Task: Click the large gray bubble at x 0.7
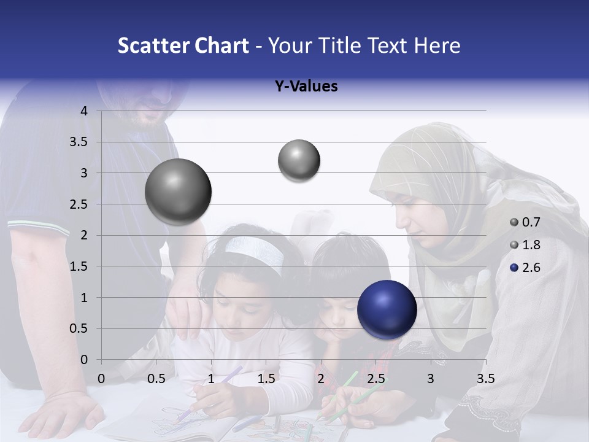(x=179, y=192)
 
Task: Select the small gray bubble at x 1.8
(x=299, y=161)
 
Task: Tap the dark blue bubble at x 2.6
(x=387, y=309)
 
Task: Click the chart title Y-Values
(x=306, y=87)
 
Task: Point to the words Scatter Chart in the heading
(x=183, y=45)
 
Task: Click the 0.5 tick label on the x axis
(x=156, y=379)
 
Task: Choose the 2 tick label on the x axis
(x=321, y=379)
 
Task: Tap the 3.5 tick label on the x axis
(x=485, y=379)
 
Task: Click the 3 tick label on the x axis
(x=431, y=379)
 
